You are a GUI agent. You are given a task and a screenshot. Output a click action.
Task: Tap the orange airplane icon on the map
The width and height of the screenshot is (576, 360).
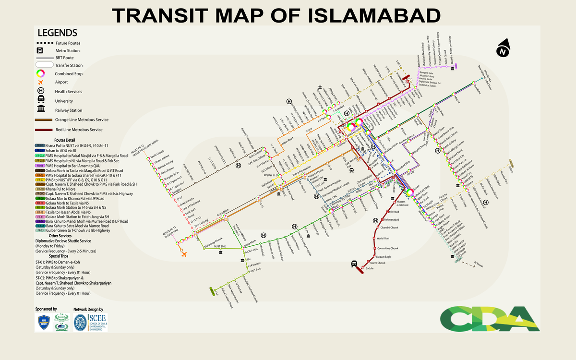(183, 254)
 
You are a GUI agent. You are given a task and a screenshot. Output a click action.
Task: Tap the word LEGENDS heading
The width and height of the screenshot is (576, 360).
(57, 33)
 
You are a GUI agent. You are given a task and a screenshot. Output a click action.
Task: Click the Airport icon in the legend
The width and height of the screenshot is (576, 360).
(41, 82)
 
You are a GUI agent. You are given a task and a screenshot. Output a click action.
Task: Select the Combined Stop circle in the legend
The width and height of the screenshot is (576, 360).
(41, 73)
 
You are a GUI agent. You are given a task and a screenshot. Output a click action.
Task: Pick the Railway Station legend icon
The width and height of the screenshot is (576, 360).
(41, 110)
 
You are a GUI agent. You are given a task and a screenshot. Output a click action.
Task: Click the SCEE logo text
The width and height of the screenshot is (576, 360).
(98, 319)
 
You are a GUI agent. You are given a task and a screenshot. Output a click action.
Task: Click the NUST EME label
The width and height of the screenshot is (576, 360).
(220, 246)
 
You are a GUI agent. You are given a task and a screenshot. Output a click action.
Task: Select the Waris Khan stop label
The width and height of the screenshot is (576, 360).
(383, 238)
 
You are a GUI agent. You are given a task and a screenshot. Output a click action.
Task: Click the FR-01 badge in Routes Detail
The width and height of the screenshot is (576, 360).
(40, 145)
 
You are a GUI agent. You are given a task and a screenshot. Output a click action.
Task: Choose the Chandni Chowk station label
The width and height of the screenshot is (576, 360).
(389, 228)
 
